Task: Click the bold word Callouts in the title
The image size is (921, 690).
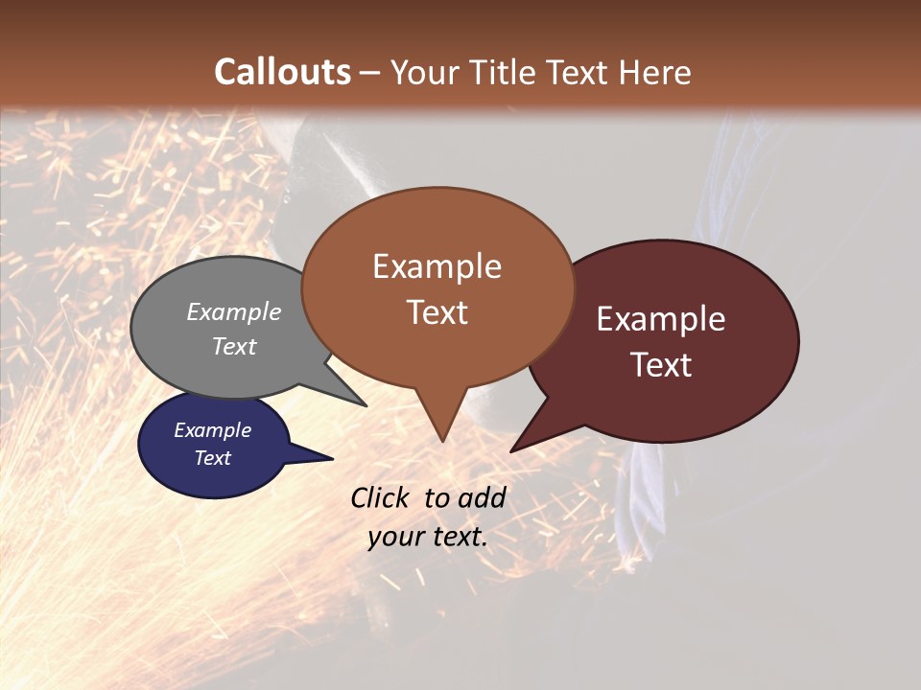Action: coord(282,72)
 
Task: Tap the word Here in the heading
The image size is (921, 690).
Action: coord(652,72)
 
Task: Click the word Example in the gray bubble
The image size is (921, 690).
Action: coord(234,311)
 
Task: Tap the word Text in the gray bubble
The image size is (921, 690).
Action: coord(234,346)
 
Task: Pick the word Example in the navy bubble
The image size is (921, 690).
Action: coord(212,430)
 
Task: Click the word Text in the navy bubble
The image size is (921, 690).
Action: coord(212,458)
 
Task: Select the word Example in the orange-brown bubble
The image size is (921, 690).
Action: coord(437,266)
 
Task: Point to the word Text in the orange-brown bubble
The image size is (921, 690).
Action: coord(437,312)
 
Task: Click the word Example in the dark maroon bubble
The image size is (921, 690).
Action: coord(661,319)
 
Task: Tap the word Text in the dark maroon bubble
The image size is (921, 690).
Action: coord(662,365)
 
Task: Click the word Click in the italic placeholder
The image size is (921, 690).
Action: coord(380,497)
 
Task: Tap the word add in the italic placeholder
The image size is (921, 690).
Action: coord(482,497)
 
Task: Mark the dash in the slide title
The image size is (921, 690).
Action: coord(370,73)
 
